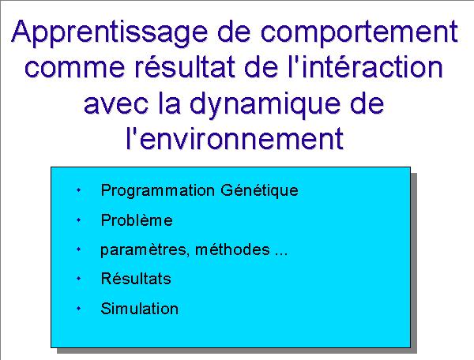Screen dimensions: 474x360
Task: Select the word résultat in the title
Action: click(x=185, y=66)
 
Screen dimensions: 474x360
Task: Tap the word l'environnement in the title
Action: click(x=235, y=138)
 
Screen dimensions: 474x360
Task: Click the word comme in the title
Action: click(x=75, y=68)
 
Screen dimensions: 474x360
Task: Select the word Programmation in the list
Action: click(x=158, y=191)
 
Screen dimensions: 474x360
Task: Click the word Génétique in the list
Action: click(x=259, y=191)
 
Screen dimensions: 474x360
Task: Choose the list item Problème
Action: click(x=137, y=219)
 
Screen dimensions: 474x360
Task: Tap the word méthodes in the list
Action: click(x=232, y=249)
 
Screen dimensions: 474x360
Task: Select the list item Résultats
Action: click(x=136, y=279)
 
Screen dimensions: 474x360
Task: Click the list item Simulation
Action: click(x=139, y=309)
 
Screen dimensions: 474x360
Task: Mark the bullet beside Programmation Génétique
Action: click(x=78, y=190)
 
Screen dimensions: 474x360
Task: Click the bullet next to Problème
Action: click(x=78, y=220)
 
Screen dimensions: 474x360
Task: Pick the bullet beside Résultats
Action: click(x=78, y=279)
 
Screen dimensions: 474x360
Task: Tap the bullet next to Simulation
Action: click(x=78, y=309)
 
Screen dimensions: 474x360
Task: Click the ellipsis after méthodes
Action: click(x=280, y=254)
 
